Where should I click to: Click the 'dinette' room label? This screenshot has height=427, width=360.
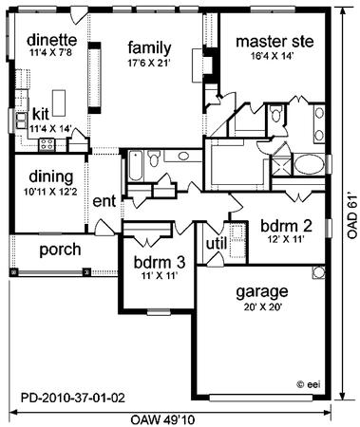51,41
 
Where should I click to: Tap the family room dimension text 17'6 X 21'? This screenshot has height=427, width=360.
148,63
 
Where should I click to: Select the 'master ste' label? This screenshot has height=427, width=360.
275,42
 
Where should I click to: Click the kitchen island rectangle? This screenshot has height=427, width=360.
59,102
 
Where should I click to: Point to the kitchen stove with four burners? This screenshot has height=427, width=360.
47,144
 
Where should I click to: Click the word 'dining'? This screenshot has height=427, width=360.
51,177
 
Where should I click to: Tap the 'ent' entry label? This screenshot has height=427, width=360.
104,201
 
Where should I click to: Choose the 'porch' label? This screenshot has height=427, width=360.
60,250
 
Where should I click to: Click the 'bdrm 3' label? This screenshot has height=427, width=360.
160,262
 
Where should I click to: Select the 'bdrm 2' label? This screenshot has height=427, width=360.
286,226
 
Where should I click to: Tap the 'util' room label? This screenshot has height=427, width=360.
217,244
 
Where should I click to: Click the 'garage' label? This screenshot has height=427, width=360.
262,292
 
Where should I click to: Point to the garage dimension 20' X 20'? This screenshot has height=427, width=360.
263,307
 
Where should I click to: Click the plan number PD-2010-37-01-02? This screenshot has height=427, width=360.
73,398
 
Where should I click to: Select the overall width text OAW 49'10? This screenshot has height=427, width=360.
162,420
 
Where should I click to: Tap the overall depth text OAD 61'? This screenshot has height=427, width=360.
352,215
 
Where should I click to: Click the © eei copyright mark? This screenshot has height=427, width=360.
309,384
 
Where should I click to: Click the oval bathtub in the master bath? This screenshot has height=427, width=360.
309,164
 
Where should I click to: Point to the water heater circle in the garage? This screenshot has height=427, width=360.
318,272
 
